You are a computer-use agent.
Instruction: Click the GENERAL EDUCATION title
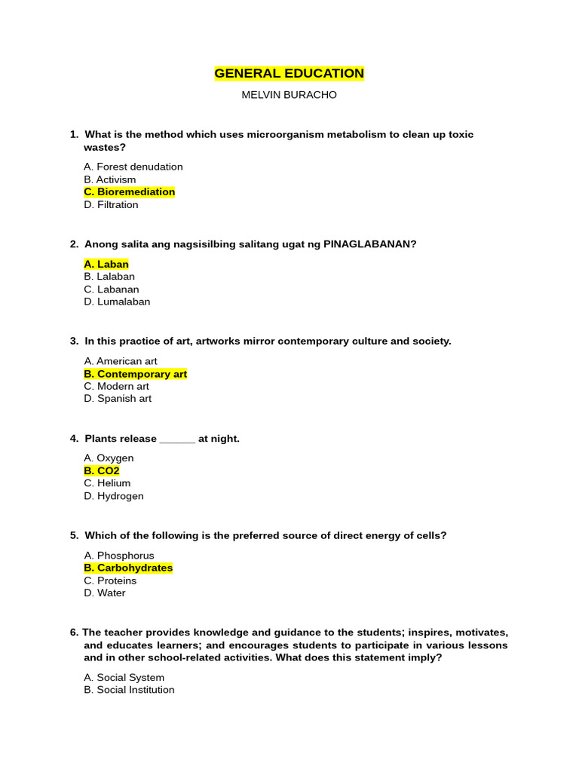[289, 73]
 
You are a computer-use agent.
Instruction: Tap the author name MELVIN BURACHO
[289, 95]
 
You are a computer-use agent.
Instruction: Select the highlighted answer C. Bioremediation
[130, 192]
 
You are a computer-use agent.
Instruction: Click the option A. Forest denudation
[133, 167]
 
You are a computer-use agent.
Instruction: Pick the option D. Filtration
[112, 204]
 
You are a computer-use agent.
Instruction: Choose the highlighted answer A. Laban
[106, 265]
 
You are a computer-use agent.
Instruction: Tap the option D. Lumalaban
[118, 302]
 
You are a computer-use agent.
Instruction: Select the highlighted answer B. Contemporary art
[136, 374]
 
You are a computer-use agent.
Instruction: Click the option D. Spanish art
[118, 398]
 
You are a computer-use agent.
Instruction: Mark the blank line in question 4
[178, 440]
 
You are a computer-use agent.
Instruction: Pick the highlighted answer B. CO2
[102, 470]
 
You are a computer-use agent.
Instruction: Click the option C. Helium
[107, 483]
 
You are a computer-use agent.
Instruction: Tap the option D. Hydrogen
[114, 496]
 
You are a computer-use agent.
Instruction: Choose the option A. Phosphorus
[119, 556]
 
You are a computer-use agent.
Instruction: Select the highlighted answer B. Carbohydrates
[129, 568]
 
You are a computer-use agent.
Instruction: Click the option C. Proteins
[110, 581]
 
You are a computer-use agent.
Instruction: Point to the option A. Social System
[124, 678]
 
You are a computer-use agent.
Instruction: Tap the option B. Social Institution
[130, 690]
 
